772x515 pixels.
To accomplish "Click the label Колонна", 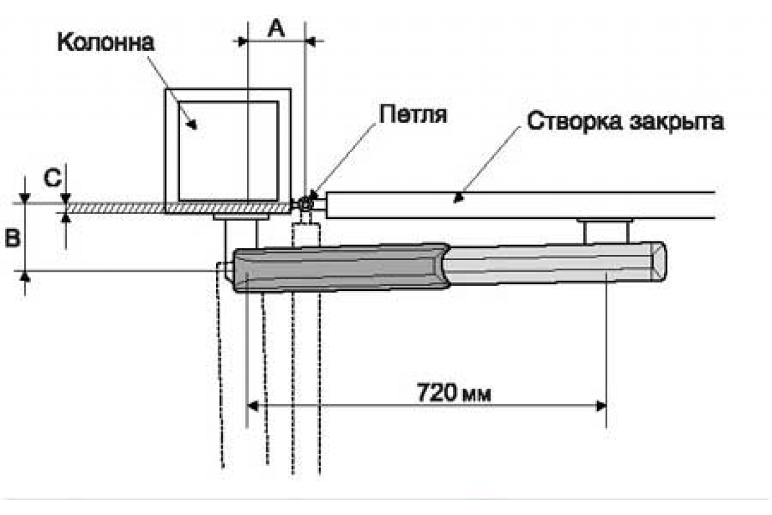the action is click(106, 42).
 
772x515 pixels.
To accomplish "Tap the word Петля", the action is click(413, 114).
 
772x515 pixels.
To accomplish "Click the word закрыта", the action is click(677, 122).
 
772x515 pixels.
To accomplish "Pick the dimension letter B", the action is click(13, 238).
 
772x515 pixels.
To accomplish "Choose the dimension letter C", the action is click(53, 178).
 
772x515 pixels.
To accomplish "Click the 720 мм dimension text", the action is click(454, 392).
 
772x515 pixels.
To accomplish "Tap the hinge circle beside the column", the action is click(305, 205).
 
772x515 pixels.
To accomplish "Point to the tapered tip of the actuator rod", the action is click(659, 261).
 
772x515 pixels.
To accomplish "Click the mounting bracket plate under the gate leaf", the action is click(605, 220).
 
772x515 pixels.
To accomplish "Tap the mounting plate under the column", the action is click(241, 217).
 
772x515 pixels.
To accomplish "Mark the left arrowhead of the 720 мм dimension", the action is click(253, 406).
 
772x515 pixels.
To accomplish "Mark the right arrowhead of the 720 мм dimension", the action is click(602, 406).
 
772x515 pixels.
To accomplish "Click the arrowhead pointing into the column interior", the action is click(192, 124).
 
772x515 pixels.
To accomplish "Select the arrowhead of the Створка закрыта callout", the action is click(457, 198).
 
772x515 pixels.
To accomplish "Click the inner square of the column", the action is click(228, 151).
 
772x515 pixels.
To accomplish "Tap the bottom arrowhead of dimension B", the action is click(25, 277).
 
